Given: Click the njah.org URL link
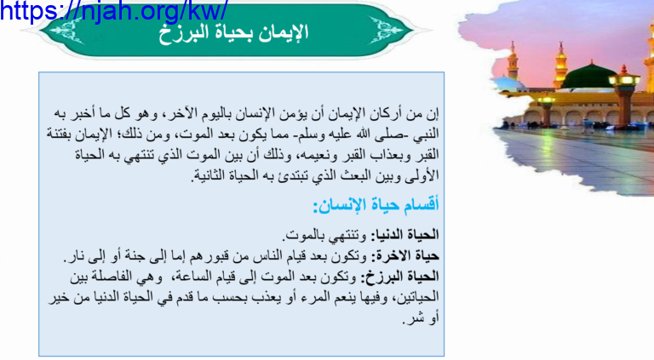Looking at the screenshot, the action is coord(113,10).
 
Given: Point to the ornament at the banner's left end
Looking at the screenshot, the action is coord(66,31).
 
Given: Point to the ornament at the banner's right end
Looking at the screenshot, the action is coord(387,30).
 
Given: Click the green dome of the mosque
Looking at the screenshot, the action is coord(589,76).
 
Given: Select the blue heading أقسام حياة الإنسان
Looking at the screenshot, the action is coord(376,205).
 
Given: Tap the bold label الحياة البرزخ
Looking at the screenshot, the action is coord(399,277).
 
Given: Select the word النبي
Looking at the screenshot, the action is coord(428,134).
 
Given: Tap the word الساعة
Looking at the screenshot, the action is coord(194,277).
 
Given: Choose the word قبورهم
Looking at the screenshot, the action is coord(209,257).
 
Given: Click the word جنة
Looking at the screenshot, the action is coord(131,257).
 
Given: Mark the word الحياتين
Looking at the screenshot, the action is coord(417,298).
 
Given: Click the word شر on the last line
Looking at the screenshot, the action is coord(413,319).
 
